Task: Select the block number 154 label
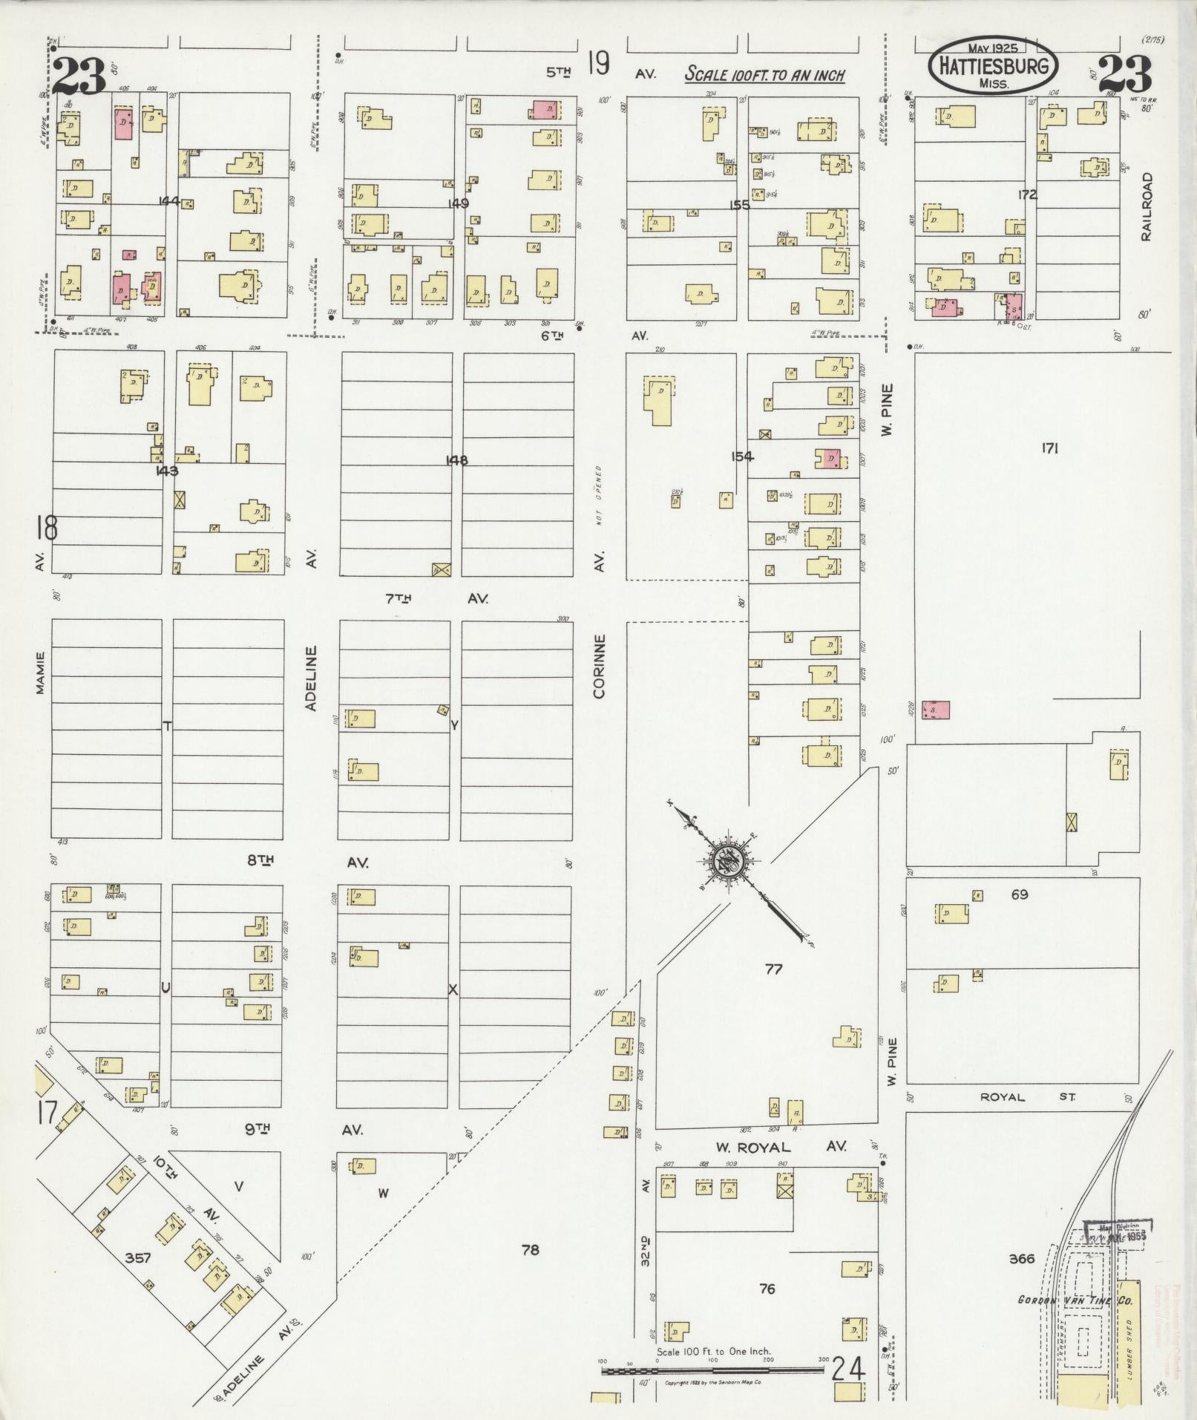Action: click(x=741, y=457)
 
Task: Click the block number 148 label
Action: click(x=456, y=460)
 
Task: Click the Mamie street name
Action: click(x=40, y=673)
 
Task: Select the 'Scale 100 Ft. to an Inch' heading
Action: click(x=764, y=74)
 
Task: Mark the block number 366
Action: click(x=1022, y=1258)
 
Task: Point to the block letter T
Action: click(x=167, y=726)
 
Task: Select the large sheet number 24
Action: click(x=848, y=1367)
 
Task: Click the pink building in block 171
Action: click(x=935, y=710)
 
